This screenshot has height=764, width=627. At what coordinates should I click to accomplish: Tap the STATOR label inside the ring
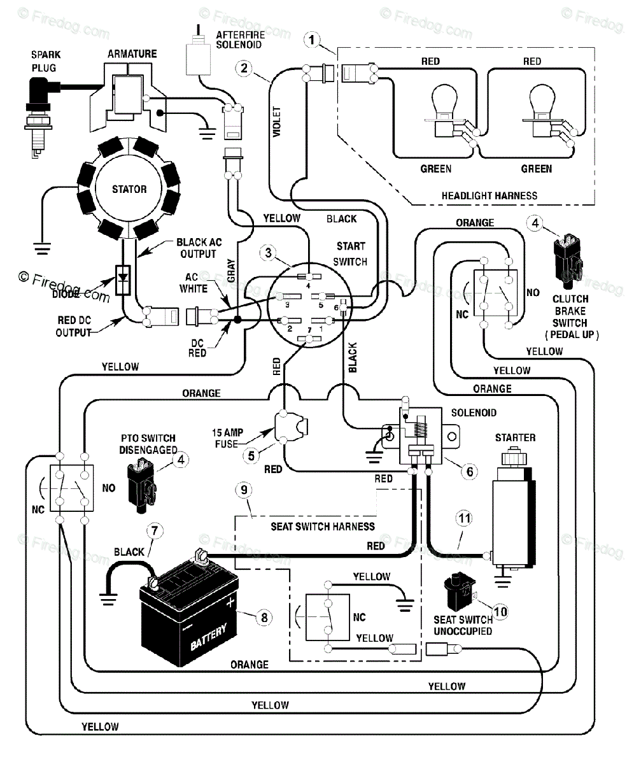tap(129, 189)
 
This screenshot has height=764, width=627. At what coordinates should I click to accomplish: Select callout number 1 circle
tap(311, 41)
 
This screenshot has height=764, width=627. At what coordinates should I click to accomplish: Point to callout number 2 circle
tap(243, 68)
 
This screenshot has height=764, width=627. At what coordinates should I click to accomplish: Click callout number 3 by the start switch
tap(269, 253)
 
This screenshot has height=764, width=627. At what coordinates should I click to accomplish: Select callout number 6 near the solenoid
tap(469, 471)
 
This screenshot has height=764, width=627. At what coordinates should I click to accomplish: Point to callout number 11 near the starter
tap(464, 519)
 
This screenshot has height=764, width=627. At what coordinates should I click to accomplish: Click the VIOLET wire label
tap(277, 122)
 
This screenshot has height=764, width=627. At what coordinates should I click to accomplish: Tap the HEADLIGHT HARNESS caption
tap(489, 195)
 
